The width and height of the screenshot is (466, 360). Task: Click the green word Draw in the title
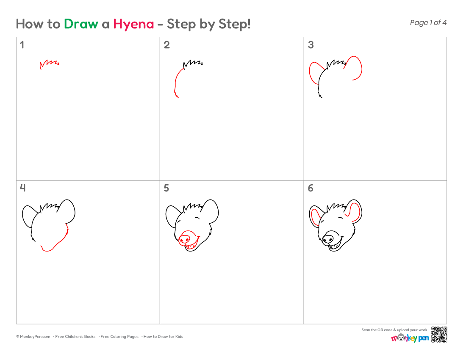[x=81, y=24]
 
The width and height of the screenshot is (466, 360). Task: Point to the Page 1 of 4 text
[x=428, y=23]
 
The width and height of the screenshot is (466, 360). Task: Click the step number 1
[x=22, y=45]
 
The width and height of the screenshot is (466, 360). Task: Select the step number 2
[x=166, y=45]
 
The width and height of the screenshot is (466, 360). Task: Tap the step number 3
[x=311, y=45]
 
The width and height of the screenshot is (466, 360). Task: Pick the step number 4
[x=22, y=188]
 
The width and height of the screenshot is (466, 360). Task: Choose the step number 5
[x=166, y=188]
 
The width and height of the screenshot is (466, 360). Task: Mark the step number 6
[x=311, y=188]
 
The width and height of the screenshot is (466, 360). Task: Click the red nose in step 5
[x=185, y=238]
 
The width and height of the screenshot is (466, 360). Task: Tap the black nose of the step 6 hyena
[x=328, y=238]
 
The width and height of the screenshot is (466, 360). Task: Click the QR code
[x=439, y=335]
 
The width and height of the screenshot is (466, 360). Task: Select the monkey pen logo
[x=410, y=338]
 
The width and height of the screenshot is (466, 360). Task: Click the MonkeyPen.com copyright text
[x=33, y=337]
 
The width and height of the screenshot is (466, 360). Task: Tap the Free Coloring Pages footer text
[x=119, y=337]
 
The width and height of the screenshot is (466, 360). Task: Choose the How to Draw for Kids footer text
[x=163, y=337]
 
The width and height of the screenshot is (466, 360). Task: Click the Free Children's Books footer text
[x=75, y=337]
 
